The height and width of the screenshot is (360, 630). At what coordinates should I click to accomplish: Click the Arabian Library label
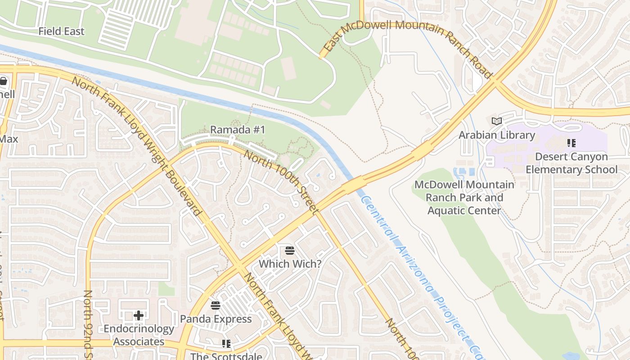497,135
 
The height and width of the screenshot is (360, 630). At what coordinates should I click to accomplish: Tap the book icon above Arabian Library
497,121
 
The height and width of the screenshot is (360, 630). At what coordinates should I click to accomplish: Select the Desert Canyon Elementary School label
571,163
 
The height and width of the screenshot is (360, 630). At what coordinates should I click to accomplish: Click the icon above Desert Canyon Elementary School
571,143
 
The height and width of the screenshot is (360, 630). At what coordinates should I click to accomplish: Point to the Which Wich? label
290,264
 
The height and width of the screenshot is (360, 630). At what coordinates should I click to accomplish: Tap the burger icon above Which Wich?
290,250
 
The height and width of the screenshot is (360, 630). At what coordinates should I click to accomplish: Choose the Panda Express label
216,319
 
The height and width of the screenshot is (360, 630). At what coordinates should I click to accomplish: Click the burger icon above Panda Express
216,306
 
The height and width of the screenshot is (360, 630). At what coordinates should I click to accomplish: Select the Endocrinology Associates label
139,335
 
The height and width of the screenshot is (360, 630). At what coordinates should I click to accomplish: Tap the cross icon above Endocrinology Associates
139,315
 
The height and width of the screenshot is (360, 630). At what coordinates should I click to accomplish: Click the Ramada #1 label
238,130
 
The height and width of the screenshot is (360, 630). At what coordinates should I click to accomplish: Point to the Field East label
61,31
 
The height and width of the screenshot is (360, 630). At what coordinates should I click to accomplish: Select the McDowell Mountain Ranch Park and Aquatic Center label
464,197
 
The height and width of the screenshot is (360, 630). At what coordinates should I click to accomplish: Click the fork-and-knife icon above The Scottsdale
226,344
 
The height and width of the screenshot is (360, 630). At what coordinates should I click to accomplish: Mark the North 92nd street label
88,324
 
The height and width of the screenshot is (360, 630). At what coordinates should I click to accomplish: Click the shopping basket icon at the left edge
4,81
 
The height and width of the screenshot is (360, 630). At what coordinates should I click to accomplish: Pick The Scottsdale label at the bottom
226,356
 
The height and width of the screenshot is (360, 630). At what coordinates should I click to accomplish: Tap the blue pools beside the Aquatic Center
463,172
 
